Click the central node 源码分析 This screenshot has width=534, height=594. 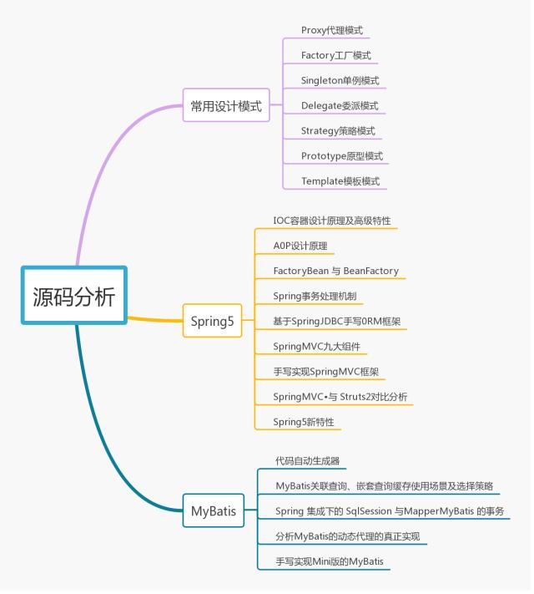[x=74, y=297]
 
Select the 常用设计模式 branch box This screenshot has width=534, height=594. [x=226, y=106]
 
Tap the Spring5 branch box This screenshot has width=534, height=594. [x=213, y=321]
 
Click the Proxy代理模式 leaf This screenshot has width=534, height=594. [x=332, y=30]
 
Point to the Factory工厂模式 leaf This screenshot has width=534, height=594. [x=336, y=55]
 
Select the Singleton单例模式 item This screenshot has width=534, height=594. [x=340, y=80]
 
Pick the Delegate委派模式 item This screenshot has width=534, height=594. [x=340, y=105]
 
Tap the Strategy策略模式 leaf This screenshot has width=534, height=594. [x=338, y=130]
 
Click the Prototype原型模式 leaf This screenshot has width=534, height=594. [x=341, y=155]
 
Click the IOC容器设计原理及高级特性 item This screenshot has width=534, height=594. [x=332, y=221]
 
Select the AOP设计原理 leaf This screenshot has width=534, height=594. [x=300, y=246]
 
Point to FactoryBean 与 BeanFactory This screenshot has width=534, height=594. [x=335, y=271]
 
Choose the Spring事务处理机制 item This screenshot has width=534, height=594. [x=318, y=296]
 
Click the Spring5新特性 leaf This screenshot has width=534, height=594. [x=304, y=421]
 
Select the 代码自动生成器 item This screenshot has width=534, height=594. [x=307, y=460]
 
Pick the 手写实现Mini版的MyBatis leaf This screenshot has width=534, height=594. [x=333, y=561]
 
